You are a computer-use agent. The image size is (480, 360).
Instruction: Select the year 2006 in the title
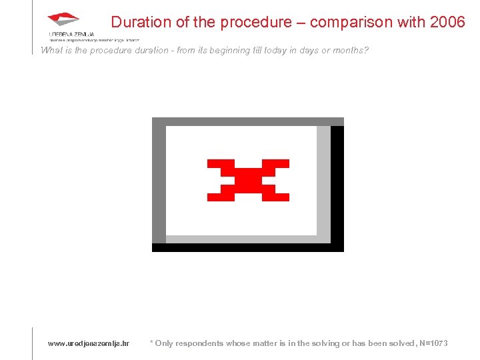click(448, 22)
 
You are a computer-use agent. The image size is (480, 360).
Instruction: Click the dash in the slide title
click(300, 22)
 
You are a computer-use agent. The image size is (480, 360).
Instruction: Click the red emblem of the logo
click(63, 19)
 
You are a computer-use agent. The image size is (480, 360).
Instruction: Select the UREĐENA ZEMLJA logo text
click(71, 34)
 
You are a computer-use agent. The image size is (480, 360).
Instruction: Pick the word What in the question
click(51, 51)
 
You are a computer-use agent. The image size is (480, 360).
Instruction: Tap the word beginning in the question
click(230, 51)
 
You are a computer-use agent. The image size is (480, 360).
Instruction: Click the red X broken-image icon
click(248, 180)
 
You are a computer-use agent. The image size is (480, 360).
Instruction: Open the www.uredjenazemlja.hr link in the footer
click(88, 343)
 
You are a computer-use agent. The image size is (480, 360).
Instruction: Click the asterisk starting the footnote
click(151, 343)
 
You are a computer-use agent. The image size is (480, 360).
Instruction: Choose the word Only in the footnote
click(163, 343)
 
